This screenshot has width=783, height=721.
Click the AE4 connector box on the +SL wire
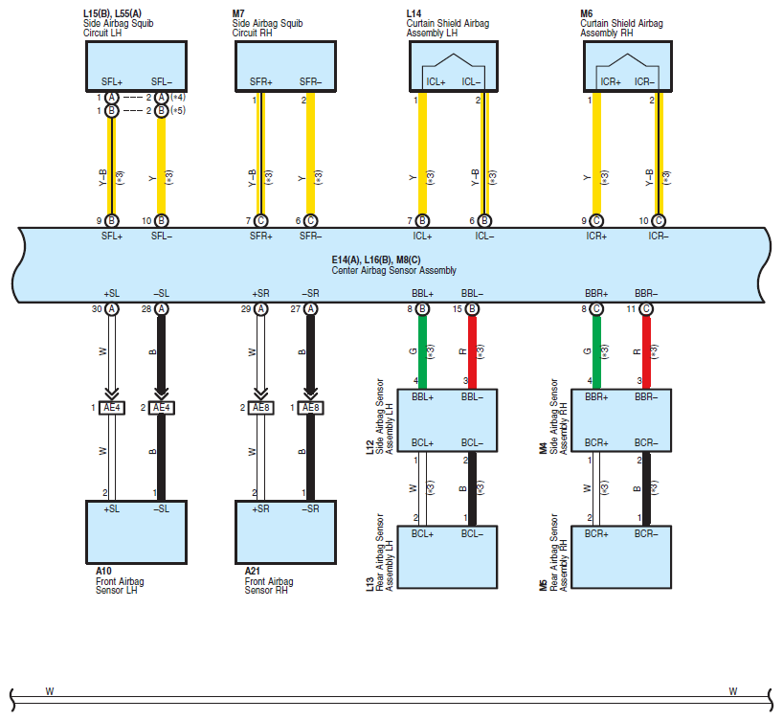112,408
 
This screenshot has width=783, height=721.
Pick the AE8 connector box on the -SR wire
310,408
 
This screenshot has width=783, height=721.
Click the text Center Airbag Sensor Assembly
394,270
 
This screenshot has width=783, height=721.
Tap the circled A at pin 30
112,309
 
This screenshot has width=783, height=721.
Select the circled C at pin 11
646,309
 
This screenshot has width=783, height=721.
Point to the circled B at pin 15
473,309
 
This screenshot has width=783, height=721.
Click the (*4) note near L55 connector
178,97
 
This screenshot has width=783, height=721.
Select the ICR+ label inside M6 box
610,81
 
